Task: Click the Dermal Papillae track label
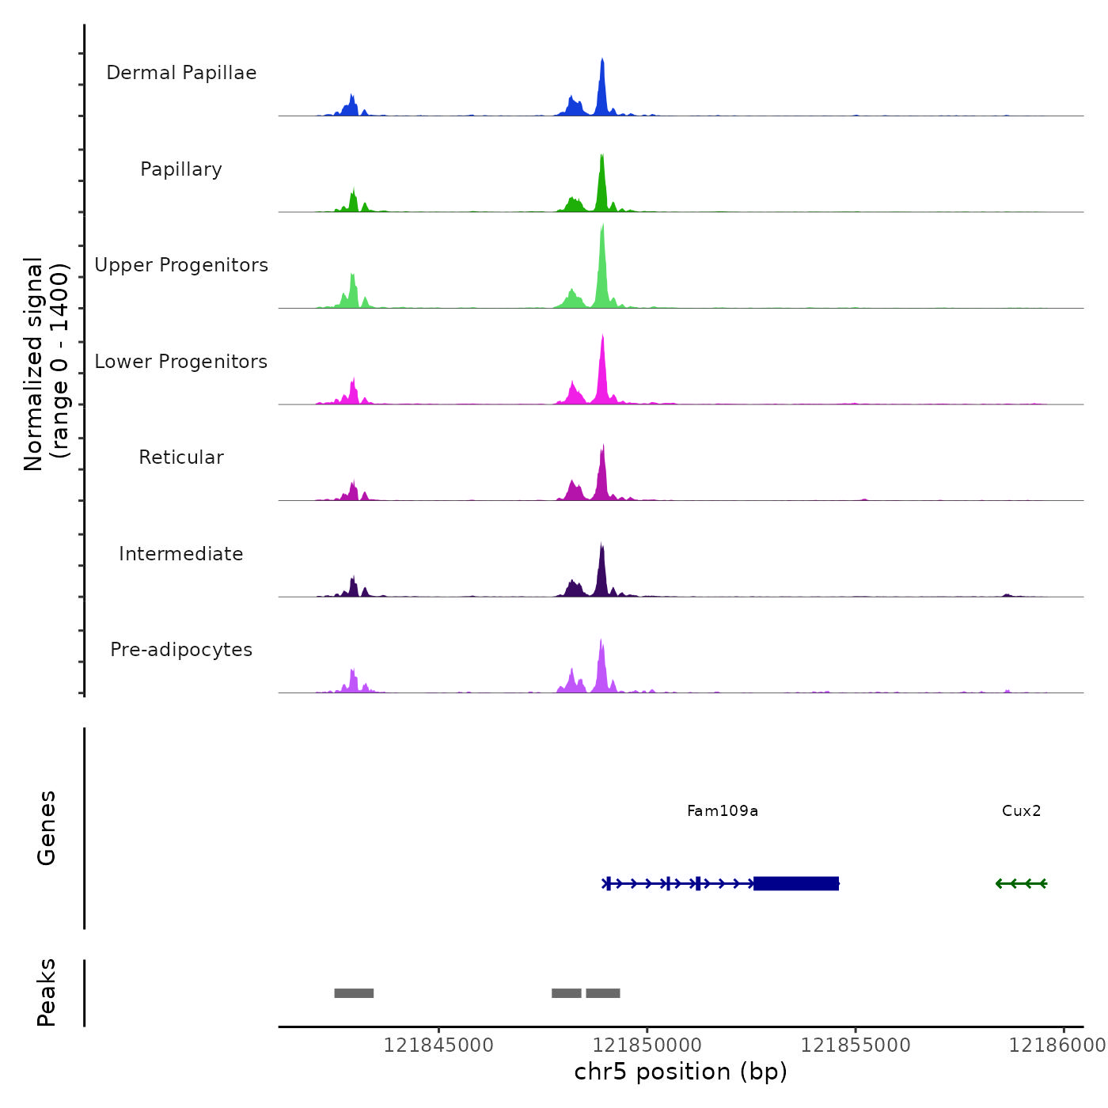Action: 181,73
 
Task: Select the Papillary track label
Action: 181,169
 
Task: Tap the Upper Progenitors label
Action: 181,265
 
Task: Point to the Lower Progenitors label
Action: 181,362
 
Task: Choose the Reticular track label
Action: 181,457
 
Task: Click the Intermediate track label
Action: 181,554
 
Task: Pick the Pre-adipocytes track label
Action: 181,650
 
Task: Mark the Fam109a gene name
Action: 723,811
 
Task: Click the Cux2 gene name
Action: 1021,811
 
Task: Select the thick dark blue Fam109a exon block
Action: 795,883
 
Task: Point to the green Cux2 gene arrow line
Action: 1021,883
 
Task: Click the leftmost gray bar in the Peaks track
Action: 354,993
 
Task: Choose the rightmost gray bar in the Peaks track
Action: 603,993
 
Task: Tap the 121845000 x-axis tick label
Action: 438,1045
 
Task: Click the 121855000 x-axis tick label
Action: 856,1045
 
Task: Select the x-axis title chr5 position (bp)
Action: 681,1072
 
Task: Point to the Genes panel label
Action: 47,828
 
